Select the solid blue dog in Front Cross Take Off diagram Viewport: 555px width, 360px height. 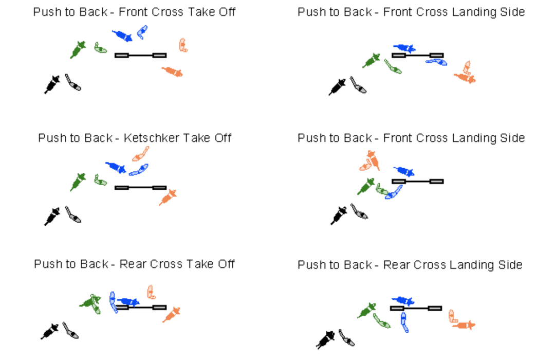[x=122, y=35]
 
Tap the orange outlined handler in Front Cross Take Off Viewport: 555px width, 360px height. [x=182, y=45]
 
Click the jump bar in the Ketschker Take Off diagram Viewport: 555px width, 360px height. [x=140, y=188]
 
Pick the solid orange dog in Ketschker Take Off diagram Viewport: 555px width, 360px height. [x=168, y=197]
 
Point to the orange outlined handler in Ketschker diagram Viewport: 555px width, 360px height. [x=140, y=154]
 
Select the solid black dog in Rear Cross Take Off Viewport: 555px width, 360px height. [x=50, y=331]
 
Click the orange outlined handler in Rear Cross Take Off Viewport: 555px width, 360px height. [x=151, y=292]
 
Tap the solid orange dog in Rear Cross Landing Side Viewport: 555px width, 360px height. [x=464, y=325]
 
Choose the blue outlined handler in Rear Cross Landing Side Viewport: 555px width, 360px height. [x=404, y=322]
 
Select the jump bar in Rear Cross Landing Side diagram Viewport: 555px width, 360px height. [x=416, y=308]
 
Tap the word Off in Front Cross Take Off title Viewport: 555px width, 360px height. [x=227, y=12]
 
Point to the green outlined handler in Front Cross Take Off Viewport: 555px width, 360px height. [x=100, y=48]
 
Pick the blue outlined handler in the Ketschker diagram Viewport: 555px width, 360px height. [x=139, y=170]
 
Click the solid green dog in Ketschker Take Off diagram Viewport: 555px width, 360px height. [x=78, y=182]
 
